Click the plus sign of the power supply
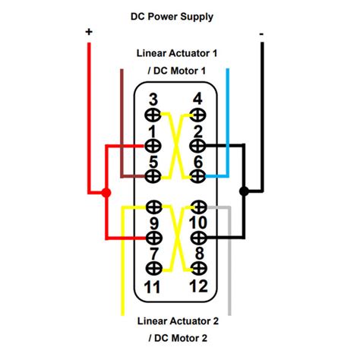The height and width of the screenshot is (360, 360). [89, 32]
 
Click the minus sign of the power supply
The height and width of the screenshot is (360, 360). [262, 33]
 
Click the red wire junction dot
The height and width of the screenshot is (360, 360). [106, 193]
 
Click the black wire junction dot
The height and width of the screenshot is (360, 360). [244, 192]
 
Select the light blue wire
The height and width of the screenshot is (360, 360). [227, 122]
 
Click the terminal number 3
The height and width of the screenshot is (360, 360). [153, 99]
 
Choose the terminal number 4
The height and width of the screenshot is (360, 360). [198, 99]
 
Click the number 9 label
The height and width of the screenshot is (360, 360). [153, 223]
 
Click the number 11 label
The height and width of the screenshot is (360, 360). [153, 286]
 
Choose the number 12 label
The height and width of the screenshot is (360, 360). [198, 286]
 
